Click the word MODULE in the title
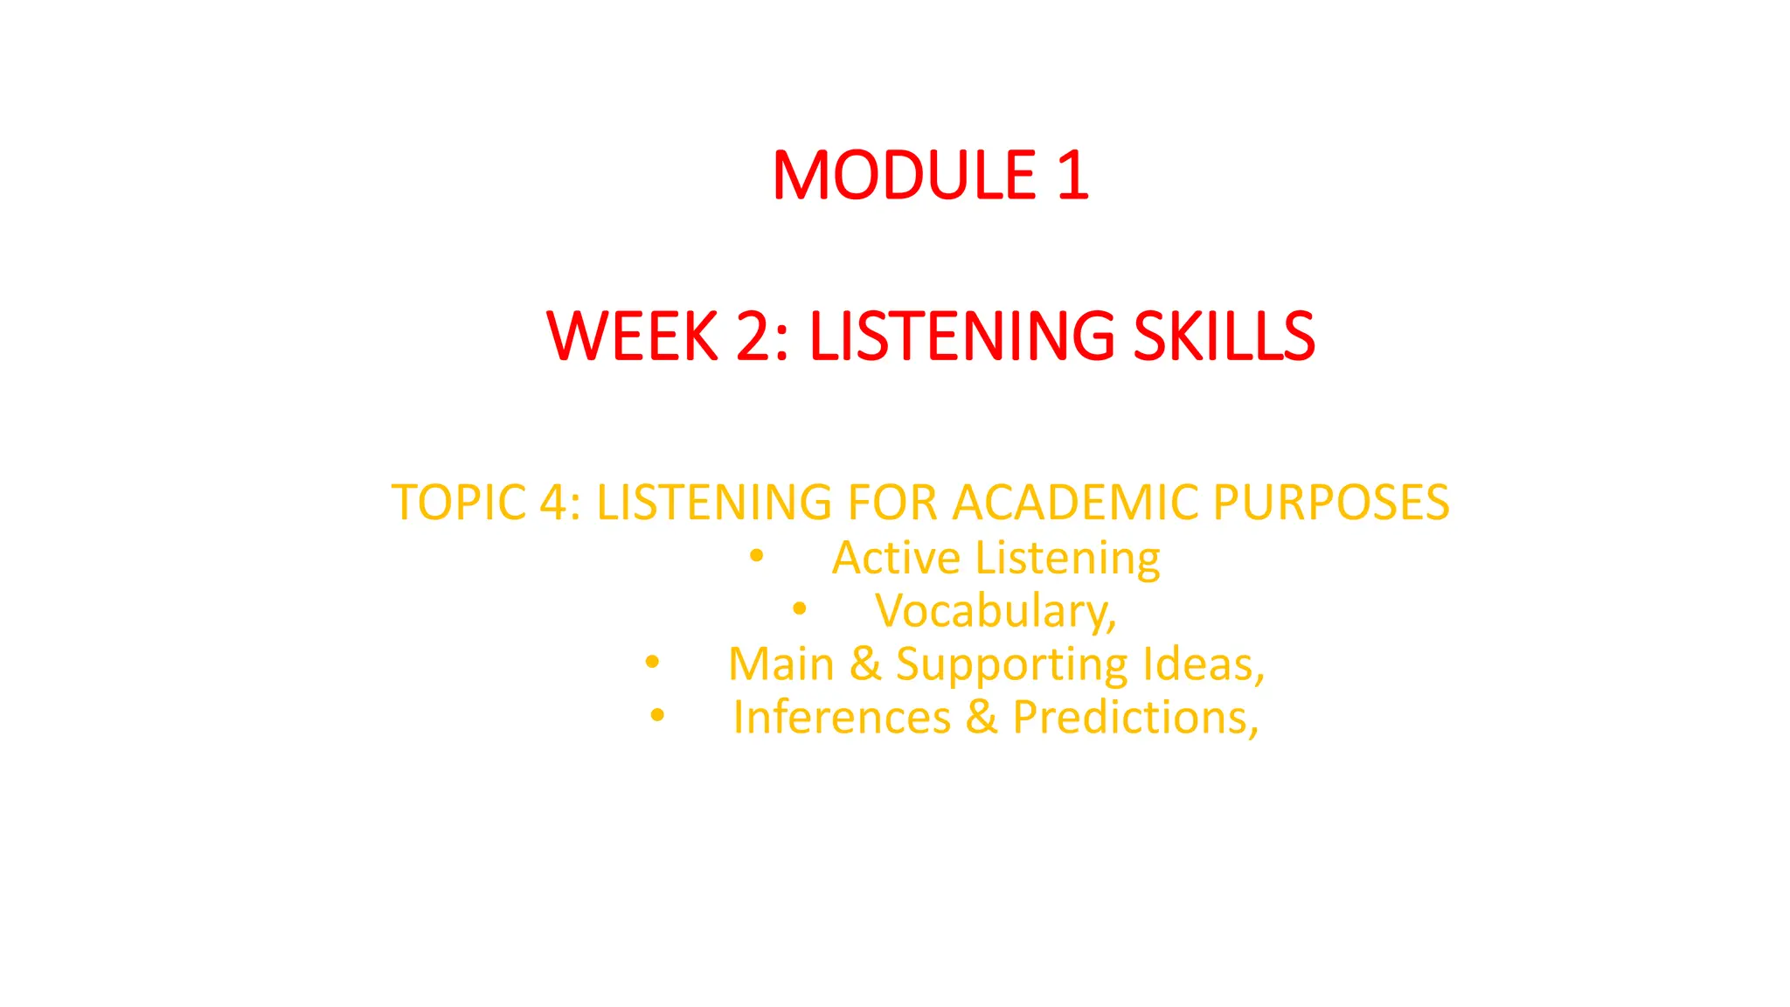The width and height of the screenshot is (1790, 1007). click(x=904, y=175)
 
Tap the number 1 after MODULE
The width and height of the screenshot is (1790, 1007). click(x=1072, y=175)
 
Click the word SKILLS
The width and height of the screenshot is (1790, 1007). click(x=1224, y=336)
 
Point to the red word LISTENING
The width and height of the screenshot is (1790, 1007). click(x=961, y=336)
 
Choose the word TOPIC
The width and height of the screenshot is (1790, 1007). click(x=459, y=503)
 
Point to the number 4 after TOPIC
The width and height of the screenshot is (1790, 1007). click(x=554, y=503)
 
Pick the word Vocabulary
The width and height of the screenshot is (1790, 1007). click(x=995, y=611)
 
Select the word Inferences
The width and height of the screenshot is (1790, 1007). click(x=842, y=718)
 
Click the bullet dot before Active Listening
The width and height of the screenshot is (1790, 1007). click(x=757, y=555)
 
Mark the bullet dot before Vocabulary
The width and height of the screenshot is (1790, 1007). click(x=800, y=608)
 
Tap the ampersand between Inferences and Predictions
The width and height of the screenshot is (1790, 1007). click(x=982, y=718)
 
